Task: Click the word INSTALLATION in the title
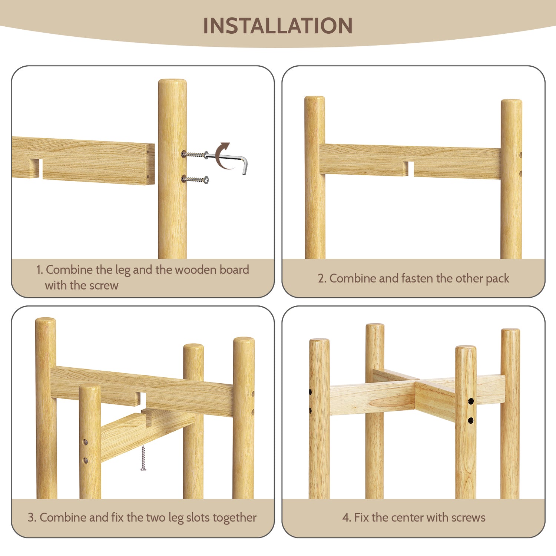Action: (278, 26)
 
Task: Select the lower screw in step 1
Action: (195, 180)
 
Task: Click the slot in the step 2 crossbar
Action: (411, 169)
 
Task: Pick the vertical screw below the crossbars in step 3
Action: (143, 458)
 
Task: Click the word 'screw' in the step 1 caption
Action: (105, 285)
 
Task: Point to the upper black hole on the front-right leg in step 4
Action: (471, 401)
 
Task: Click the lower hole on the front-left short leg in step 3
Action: (86, 460)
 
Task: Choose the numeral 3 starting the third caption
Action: (31, 517)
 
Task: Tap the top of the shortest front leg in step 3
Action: (90, 388)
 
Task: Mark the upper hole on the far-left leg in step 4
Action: (310, 391)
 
